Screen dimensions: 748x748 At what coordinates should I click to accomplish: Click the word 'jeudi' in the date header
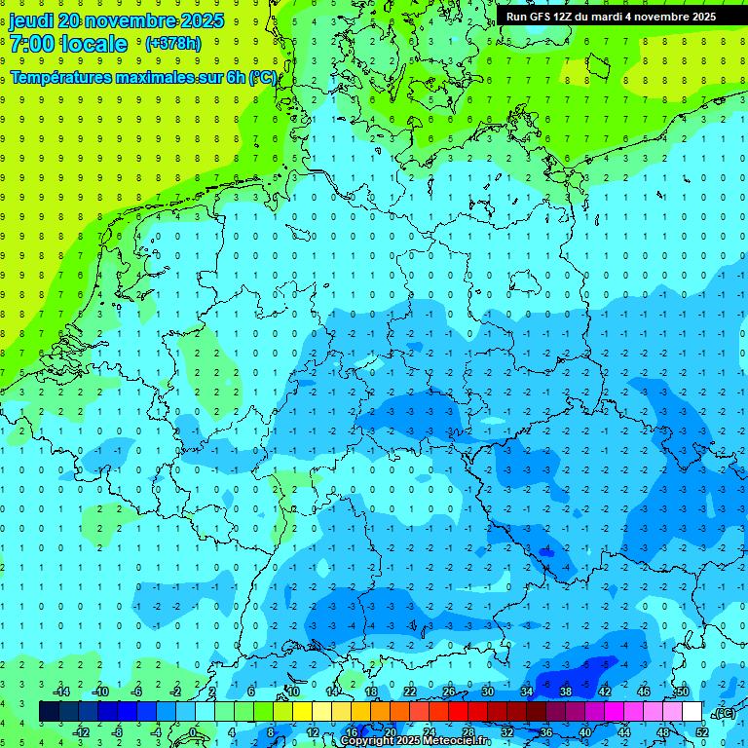pos(31,20)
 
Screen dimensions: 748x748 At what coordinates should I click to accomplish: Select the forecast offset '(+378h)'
pos(172,44)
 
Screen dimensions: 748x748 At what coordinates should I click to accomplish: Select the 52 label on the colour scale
pos(702,732)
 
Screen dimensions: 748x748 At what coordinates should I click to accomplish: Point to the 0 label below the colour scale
pos(192,732)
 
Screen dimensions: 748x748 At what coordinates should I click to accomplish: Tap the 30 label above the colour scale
pos(487,692)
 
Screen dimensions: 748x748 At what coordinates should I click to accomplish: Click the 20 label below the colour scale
pos(390,732)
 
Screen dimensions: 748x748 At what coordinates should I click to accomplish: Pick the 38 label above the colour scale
pos(565,692)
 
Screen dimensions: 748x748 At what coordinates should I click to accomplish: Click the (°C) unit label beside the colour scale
pos(723,713)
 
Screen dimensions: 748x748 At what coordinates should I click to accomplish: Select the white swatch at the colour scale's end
pos(692,712)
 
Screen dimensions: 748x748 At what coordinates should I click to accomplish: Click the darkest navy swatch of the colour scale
pos(49,712)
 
